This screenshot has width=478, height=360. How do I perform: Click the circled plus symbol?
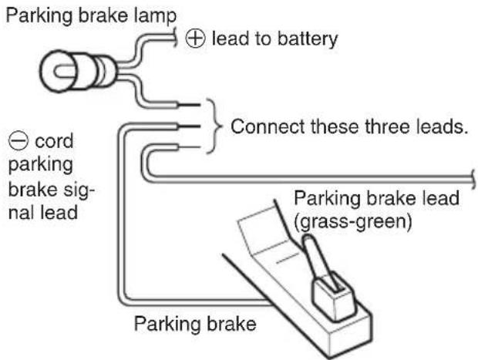[195, 39]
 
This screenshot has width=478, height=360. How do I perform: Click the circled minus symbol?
[18, 141]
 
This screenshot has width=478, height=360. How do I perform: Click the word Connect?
[268, 126]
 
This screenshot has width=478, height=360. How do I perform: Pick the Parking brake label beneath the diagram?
[195, 324]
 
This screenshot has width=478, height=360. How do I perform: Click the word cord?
[54, 141]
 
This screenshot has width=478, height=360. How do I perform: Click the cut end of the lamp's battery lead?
[176, 38]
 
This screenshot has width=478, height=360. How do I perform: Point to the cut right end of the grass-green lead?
[473, 180]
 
